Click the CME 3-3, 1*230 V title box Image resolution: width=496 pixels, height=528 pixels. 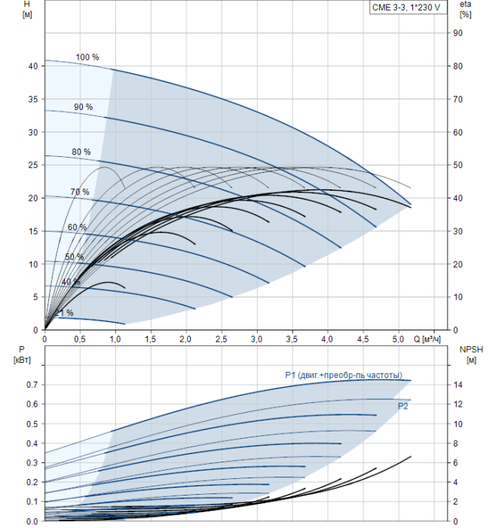pyautogui.click(x=408, y=8)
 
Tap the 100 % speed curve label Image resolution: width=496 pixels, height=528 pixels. pyautogui.click(x=87, y=57)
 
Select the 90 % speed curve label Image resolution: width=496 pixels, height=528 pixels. pyautogui.click(x=83, y=107)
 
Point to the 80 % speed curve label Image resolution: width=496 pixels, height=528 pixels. pyautogui.click(x=81, y=152)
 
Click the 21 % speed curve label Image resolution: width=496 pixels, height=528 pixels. pyautogui.click(x=64, y=313)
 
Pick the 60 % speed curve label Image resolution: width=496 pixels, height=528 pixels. pyautogui.click(x=77, y=227)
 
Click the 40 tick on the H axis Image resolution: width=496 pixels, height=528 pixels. pyautogui.click(x=33, y=66)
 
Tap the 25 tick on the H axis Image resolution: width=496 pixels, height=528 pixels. pyautogui.click(x=33, y=165)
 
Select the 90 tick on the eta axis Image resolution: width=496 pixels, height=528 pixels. pyautogui.click(x=458, y=33)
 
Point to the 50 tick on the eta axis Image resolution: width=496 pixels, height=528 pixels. pyautogui.click(x=458, y=165)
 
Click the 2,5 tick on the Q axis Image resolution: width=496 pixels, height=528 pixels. pyautogui.click(x=221, y=339)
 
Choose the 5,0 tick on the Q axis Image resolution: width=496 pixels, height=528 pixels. pyautogui.click(x=398, y=339)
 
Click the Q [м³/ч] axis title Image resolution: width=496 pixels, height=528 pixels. pyautogui.click(x=427, y=339)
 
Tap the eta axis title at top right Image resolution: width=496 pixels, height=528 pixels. pyautogui.click(x=465, y=9)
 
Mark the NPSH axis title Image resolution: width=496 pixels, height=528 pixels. pyautogui.click(x=471, y=355)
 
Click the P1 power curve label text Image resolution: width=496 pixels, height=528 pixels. pyautogui.click(x=344, y=375)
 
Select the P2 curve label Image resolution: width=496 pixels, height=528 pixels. pyautogui.click(x=403, y=406)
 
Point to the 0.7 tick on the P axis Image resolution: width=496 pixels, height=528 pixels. pyautogui.click(x=32, y=385)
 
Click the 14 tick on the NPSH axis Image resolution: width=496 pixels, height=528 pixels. pyautogui.click(x=458, y=385)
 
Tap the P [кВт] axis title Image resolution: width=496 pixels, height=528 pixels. pyautogui.click(x=22, y=355)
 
